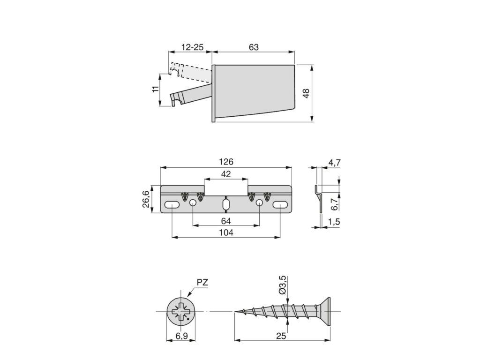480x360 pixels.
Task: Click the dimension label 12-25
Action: pos(192,47)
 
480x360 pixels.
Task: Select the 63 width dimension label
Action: pos(254,47)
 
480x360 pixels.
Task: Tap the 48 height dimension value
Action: pos(306,94)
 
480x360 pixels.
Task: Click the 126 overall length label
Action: pos(226,162)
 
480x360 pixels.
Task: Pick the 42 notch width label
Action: pos(226,174)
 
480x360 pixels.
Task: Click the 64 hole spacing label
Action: pos(226,220)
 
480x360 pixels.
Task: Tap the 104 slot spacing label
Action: pos(226,232)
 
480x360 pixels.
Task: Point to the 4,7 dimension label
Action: pos(334,163)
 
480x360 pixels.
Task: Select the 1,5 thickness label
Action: pos(334,222)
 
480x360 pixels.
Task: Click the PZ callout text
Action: pos(202,282)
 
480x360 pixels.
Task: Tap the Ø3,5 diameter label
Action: pos(282,285)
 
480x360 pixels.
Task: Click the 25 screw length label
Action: pos(281,336)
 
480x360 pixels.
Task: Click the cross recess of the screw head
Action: pos(180,312)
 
